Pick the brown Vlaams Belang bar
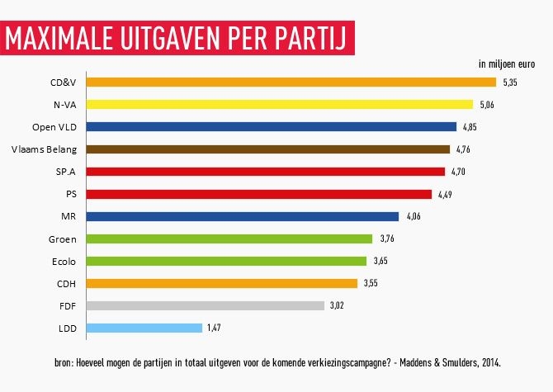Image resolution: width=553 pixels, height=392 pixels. tap(267, 149)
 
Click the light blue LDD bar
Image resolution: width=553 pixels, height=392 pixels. tap(144, 328)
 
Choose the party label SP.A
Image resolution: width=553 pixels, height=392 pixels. tap(65, 172)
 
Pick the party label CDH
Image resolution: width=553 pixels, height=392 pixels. tap(66, 283)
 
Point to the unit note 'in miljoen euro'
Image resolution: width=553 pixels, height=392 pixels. tap(506, 64)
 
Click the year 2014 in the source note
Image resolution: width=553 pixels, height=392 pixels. tap(488, 362)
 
